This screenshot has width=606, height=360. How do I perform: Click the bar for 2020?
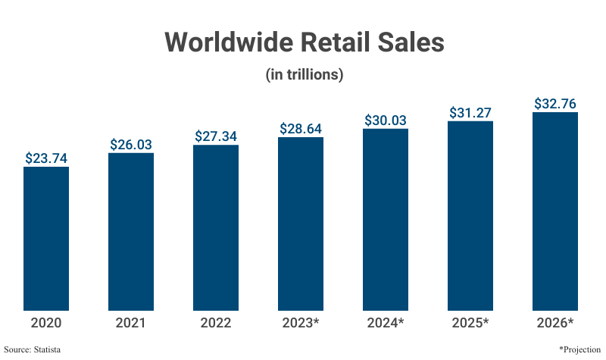pyautogui.click(x=46, y=239)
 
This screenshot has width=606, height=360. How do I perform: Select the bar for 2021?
pyautogui.click(x=131, y=231)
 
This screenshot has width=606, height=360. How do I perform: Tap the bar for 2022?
pyautogui.click(x=216, y=227)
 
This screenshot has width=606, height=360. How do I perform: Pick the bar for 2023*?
pyautogui.click(x=301, y=224)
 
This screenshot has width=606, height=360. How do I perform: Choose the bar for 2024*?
pyautogui.click(x=386, y=220)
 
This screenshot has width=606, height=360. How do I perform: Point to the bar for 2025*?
pyautogui.click(x=470, y=215)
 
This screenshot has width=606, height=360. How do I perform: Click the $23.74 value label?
pyautogui.click(x=46, y=158)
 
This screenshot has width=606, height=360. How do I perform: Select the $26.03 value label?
pyautogui.click(x=131, y=144)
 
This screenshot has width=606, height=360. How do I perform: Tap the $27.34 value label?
pyautogui.click(x=216, y=136)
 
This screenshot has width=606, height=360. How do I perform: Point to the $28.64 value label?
pyautogui.click(x=301, y=128)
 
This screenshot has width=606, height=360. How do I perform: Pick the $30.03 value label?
pyautogui.click(x=386, y=120)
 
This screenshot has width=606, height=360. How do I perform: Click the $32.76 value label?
pyautogui.click(x=555, y=103)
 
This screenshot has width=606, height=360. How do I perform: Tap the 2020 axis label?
pyautogui.click(x=46, y=323)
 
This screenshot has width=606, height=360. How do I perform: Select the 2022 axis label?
pyautogui.click(x=216, y=323)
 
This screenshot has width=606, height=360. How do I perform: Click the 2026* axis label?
pyautogui.click(x=555, y=323)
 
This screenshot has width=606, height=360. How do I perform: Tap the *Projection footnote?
pyautogui.click(x=579, y=349)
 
